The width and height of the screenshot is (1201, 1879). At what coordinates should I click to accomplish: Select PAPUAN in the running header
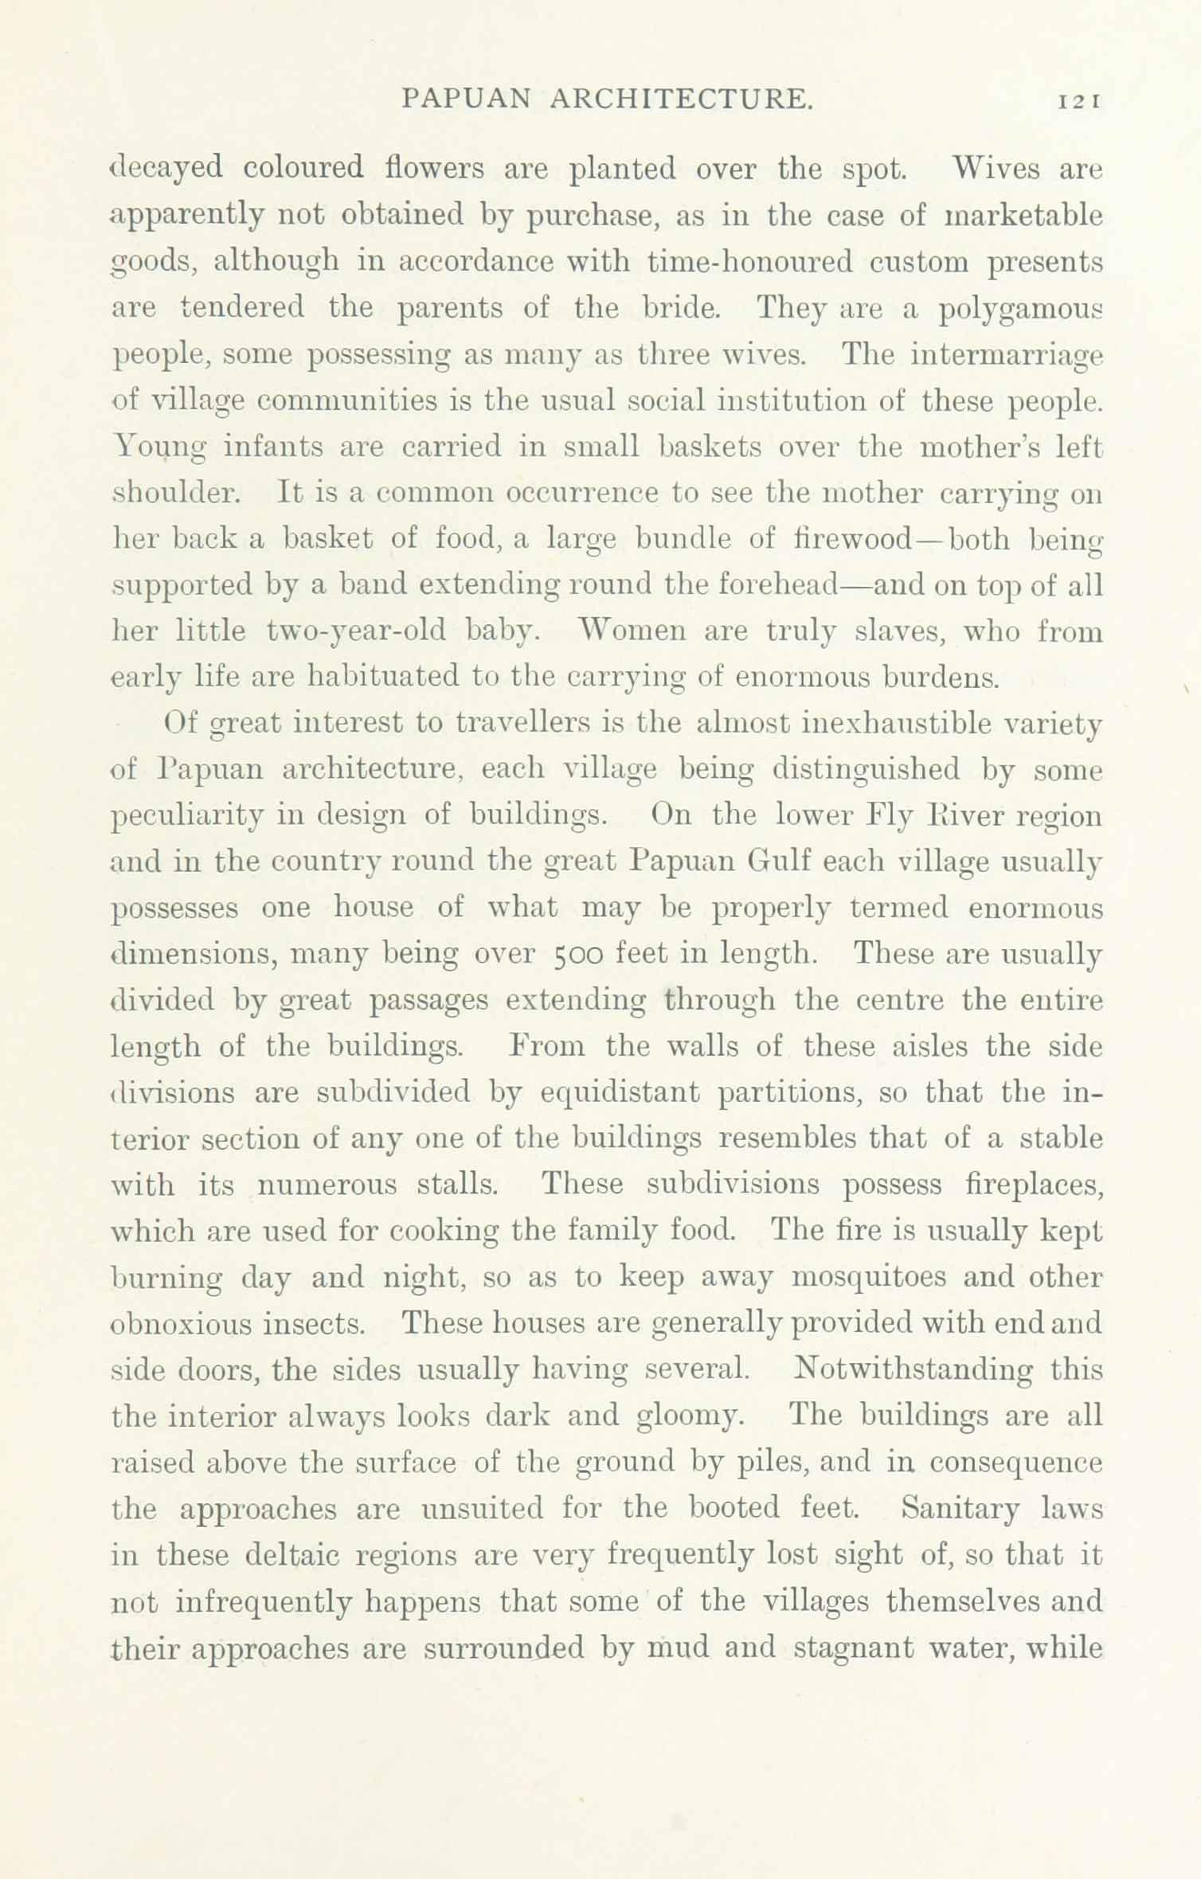[466, 99]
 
